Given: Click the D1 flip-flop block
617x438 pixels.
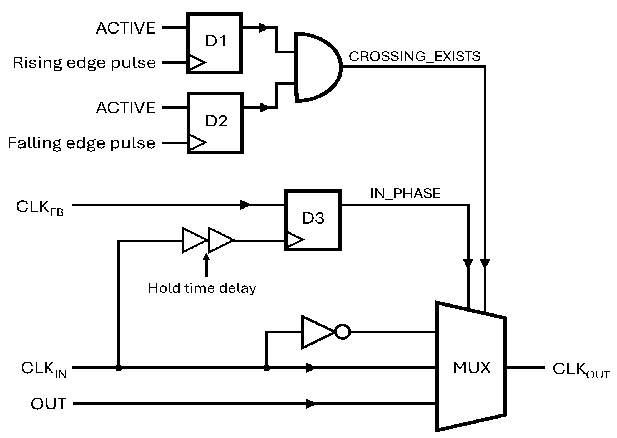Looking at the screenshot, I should point(214,43).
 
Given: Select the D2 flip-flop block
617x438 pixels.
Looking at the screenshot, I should point(215,123).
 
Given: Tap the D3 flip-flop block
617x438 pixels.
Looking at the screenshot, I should point(313,220).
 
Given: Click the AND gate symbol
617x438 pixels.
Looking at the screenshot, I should point(317,67).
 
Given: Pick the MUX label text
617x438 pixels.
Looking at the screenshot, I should point(471,368).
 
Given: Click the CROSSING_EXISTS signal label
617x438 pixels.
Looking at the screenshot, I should point(414,57).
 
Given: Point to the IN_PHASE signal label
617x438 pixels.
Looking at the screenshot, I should point(405,193).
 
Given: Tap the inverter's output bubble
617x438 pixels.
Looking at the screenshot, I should point(342,332).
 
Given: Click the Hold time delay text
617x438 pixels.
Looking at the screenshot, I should point(202,288).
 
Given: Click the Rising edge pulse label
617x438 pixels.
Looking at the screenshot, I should point(84,63).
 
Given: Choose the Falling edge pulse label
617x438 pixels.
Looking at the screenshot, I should point(81,143).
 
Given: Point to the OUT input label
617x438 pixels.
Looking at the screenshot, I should point(48,404).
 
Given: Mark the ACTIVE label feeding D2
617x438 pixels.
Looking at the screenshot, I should point(126,108).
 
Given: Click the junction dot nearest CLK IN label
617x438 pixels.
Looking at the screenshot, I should point(119,368).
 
